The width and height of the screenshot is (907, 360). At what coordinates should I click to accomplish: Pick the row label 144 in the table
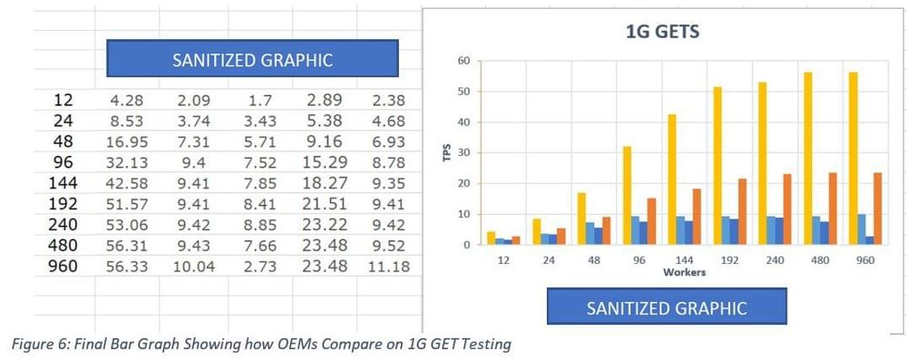[63, 183]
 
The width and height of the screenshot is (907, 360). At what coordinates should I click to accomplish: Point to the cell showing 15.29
[322, 162]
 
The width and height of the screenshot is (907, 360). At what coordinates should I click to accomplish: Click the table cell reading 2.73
[257, 266]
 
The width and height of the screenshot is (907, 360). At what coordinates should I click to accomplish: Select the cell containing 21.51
[322, 204]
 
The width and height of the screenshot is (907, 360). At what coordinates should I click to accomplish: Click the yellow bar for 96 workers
[627, 195]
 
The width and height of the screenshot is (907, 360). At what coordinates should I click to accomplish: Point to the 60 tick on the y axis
[463, 61]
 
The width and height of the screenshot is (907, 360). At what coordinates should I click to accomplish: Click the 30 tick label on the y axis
[463, 152]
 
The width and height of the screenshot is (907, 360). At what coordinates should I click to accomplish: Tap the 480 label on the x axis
[819, 258]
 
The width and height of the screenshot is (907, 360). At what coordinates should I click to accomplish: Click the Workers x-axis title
[684, 271]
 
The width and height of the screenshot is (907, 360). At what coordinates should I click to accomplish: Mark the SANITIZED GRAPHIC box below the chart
[667, 307]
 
